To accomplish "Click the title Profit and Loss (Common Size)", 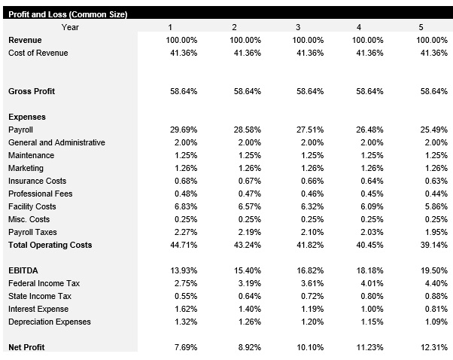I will (x=67, y=15).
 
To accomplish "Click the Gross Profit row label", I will (x=32, y=91).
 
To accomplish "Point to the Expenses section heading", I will (x=27, y=117).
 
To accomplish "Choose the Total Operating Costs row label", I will (x=50, y=245).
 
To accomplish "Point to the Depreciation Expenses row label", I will (x=50, y=322).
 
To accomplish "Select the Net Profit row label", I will (x=26, y=347).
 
